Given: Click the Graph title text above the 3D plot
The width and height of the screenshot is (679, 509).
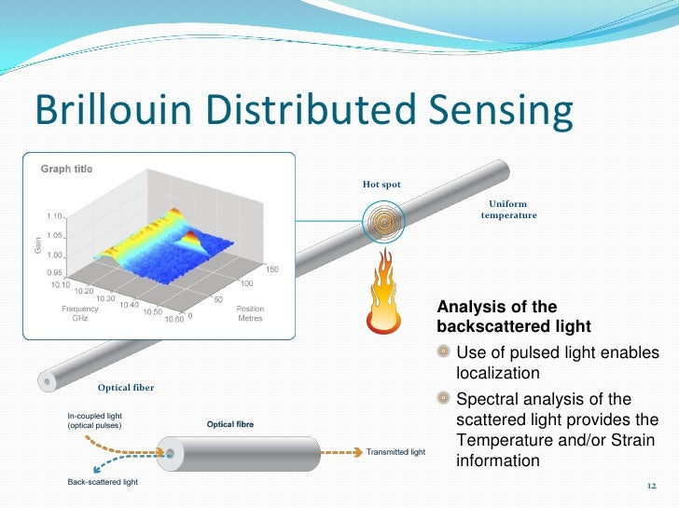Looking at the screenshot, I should click(x=65, y=169).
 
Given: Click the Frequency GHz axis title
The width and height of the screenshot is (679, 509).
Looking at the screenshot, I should click(x=80, y=313).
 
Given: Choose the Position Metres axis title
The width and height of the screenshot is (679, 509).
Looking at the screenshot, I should click(x=250, y=313).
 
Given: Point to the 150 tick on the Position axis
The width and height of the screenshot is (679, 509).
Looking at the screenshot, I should click(x=273, y=269).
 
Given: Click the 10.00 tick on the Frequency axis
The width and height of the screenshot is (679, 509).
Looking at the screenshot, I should click(x=174, y=320).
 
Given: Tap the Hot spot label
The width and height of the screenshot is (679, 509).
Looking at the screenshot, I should click(x=381, y=185).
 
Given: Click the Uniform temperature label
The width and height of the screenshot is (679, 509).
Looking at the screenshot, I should click(x=508, y=210).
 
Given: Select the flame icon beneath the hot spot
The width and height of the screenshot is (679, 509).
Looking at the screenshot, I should click(x=381, y=291).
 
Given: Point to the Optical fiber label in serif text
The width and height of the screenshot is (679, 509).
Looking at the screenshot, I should click(x=126, y=387).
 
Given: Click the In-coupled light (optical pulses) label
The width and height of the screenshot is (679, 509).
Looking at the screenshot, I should click(x=95, y=420).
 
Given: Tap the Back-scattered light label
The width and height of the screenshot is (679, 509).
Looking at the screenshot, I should click(x=103, y=482).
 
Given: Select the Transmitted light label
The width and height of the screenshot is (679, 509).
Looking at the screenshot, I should click(x=395, y=453).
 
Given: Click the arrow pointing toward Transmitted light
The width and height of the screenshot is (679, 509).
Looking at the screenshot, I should click(x=358, y=453).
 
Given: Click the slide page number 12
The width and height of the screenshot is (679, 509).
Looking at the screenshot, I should click(x=651, y=487).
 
